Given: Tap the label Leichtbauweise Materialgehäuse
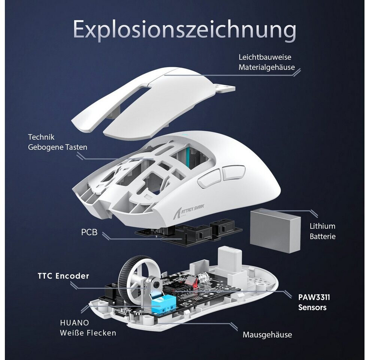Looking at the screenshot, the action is pos(265,62).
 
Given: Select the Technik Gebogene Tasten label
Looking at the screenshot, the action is pos(57,142).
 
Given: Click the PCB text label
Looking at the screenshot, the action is pos(89,232).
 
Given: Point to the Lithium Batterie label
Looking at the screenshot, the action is pos(322,231).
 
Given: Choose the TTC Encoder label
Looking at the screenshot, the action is pos(63,276).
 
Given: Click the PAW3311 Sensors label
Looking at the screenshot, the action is pos(314,302).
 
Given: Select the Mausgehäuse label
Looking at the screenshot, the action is pos(267,334).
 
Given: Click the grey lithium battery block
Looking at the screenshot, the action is pos(275,229).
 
